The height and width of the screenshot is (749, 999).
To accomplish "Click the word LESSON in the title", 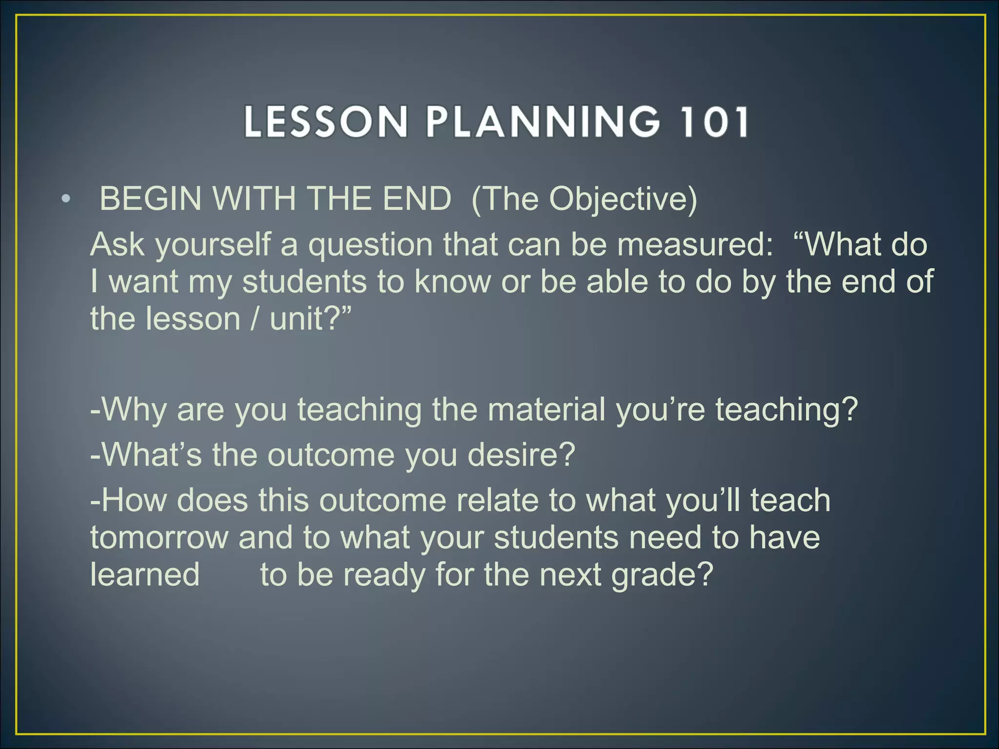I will click(325, 121).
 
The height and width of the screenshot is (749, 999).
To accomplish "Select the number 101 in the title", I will click(716, 121).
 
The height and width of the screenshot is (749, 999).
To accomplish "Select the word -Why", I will click(128, 410).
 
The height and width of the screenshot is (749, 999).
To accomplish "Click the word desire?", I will click(521, 454).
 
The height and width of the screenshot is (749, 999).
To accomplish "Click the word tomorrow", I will click(159, 537).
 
